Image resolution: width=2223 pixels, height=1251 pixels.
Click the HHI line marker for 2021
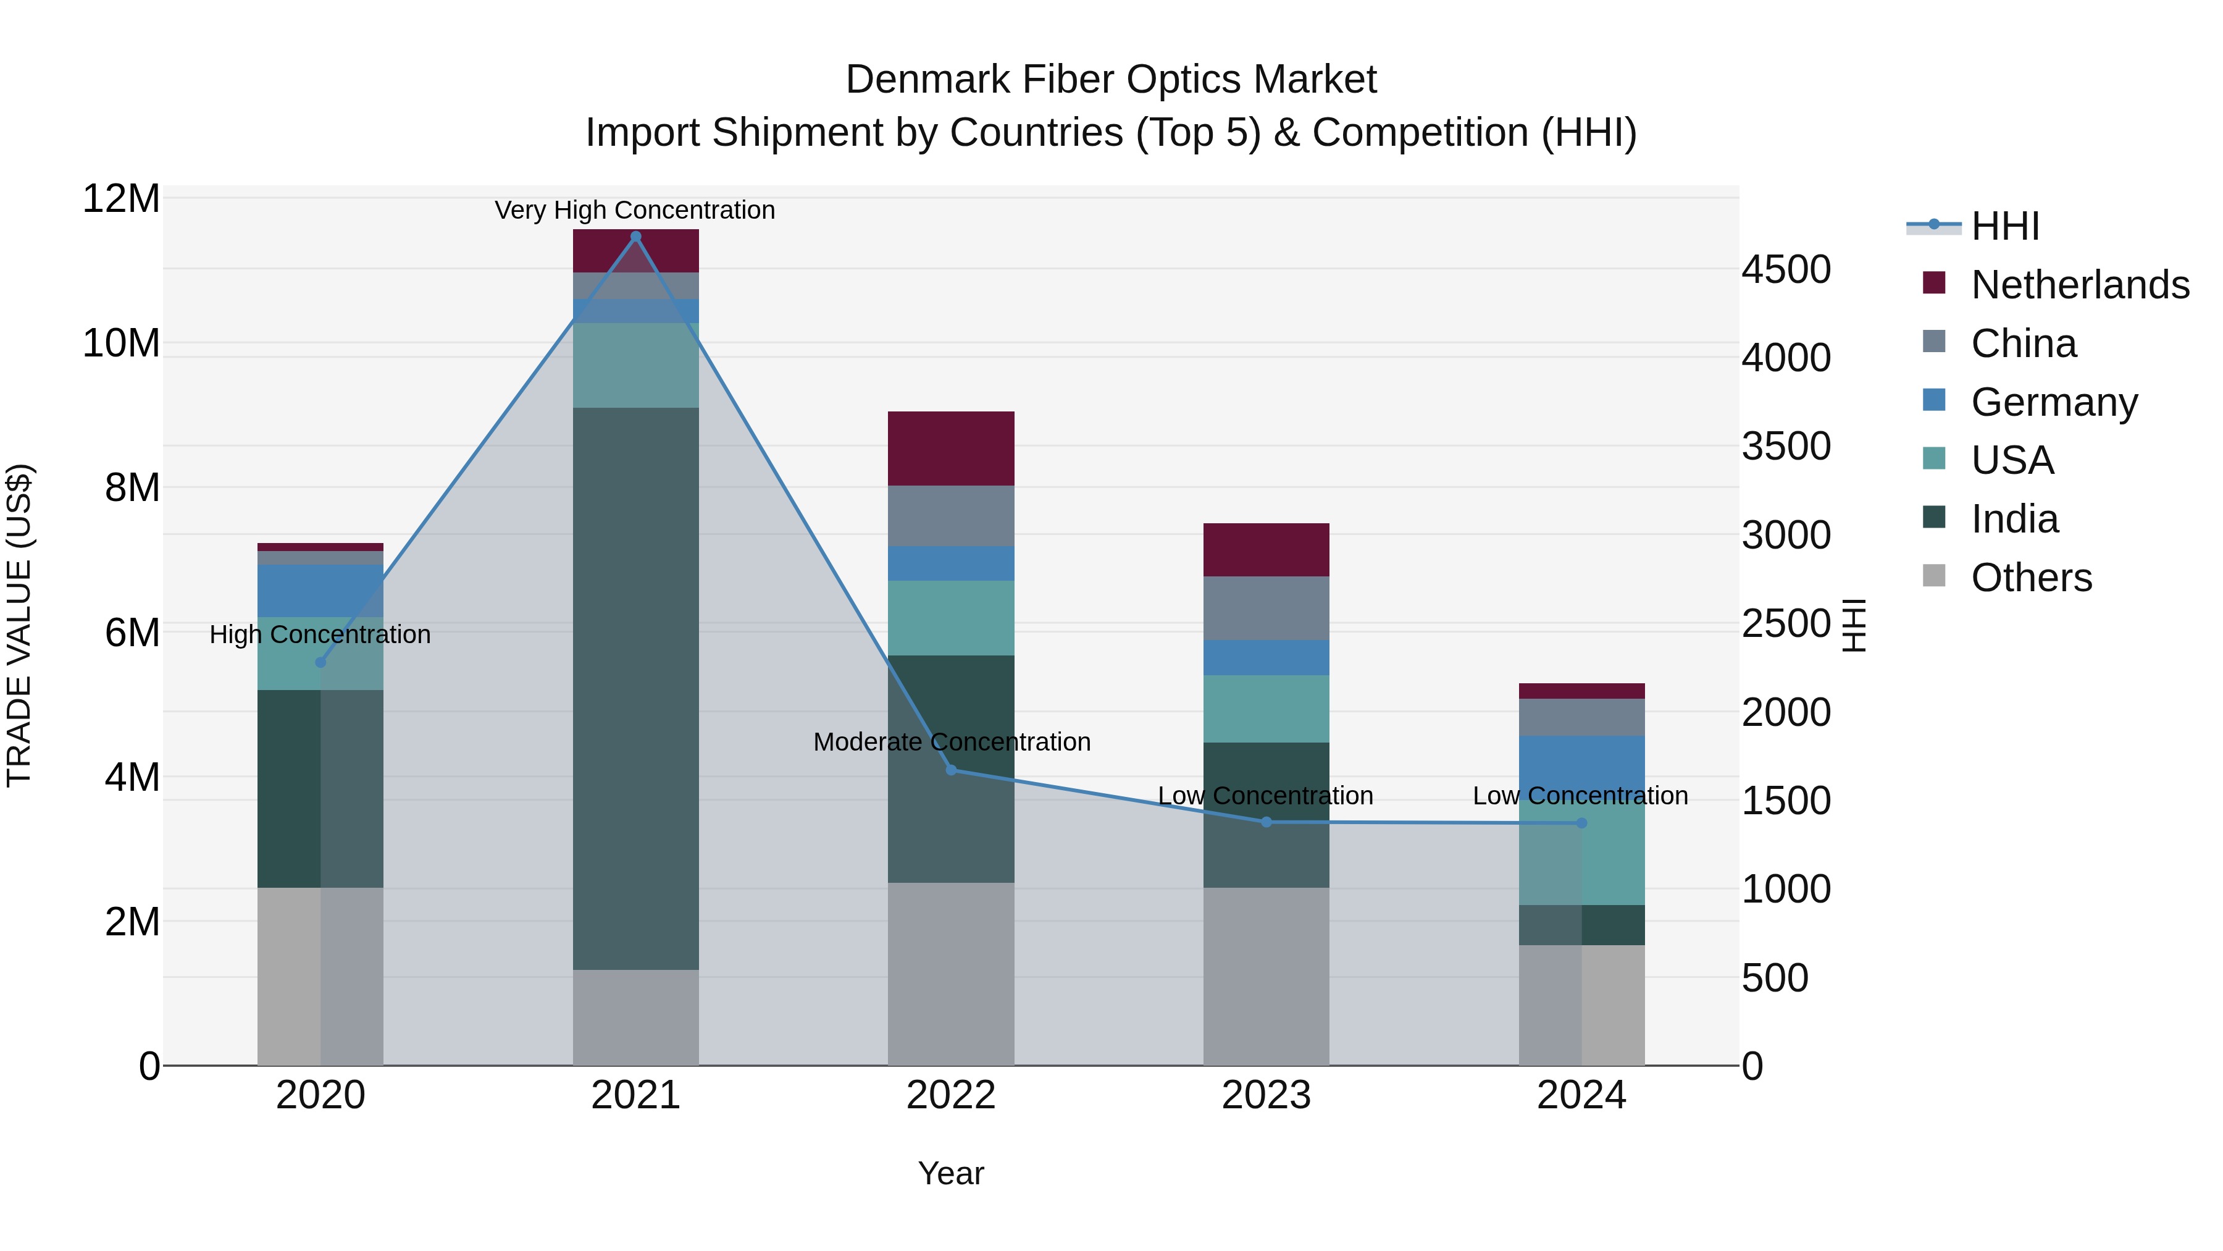click(636, 237)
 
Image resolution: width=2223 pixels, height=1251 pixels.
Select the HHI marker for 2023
click(1266, 822)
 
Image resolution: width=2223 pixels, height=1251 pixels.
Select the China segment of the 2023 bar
click(1266, 608)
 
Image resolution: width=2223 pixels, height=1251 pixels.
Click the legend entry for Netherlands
click(2080, 285)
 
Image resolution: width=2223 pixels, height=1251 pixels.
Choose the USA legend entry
click(2012, 460)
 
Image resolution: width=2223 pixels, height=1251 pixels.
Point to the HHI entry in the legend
click(2004, 226)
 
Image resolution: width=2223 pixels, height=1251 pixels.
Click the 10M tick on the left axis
click(121, 343)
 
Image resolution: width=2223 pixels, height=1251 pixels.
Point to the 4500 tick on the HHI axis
click(1785, 269)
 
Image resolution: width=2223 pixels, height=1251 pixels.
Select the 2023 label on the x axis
click(1266, 1095)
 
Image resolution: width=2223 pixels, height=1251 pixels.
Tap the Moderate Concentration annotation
click(951, 741)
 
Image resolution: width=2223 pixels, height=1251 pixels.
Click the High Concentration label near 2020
click(319, 634)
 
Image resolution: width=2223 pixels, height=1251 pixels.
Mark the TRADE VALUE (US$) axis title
click(19, 625)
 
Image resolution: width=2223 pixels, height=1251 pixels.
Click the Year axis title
click(951, 1173)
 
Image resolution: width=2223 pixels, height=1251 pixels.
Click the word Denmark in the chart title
click(927, 80)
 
